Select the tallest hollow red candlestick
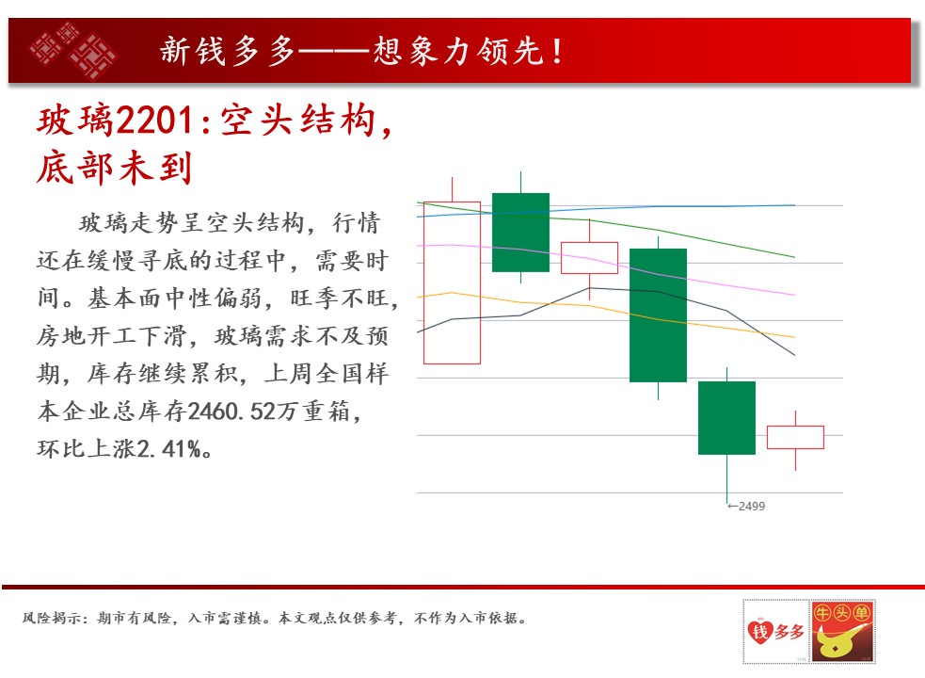pyautogui.click(x=452, y=282)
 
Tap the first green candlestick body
pyautogui.click(x=521, y=232)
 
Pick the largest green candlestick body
pyautogui.click(x=659, y=315)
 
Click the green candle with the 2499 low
pyautogui.click(x=726, y=417)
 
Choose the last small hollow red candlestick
pyautogui.click(x=795, y=437)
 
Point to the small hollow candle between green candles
pyautogui.click(x=589, y=257)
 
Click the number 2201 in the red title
pyautogui.click(x=154, y=121)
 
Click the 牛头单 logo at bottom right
pyautogui.click(x=842, y=631)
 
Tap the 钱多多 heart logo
pyautogui.click(x=775, y=631)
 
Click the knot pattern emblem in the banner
pyautogui.click(x=73, y=50)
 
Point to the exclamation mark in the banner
pyautogui.click(x=557, y=51)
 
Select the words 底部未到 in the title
pyautogui.click(x=115, y=167)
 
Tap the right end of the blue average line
pyautogui.click(x=794, y=205)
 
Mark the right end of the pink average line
pyautogui.click(x=794, y=295)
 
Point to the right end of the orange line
pyautogui.click(x=794, y=337)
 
